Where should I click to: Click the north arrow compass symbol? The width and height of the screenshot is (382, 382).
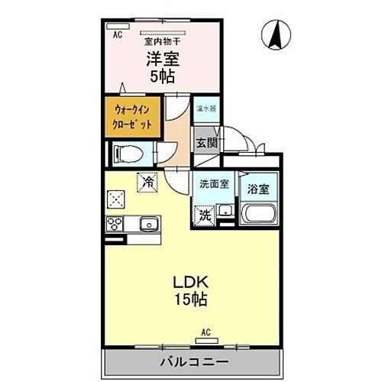276,34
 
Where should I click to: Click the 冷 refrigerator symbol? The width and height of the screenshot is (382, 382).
148,183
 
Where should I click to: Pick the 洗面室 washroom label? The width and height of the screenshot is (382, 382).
215,184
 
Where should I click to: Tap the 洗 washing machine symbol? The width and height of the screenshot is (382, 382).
205,215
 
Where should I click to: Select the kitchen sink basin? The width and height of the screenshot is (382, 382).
148,225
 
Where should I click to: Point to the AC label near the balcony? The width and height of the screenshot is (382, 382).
206,331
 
